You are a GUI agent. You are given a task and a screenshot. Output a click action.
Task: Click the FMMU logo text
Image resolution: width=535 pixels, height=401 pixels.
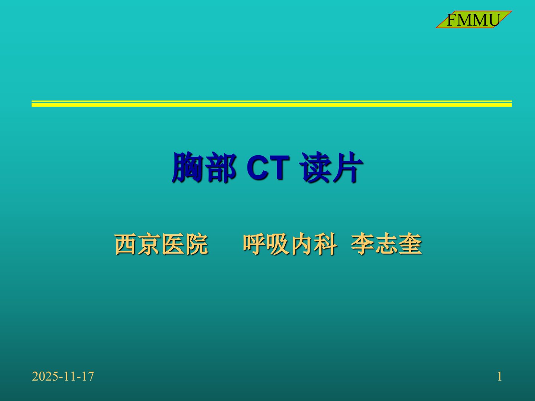click(x=473, y=20)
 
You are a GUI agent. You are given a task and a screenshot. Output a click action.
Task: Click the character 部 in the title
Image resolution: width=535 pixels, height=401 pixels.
click(x=222, y=167)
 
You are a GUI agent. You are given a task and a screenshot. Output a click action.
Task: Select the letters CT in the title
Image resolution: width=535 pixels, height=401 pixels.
click(x=268, y=168)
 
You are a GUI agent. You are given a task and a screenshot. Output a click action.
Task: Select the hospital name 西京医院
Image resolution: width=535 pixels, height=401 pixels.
click(x=161, y=244)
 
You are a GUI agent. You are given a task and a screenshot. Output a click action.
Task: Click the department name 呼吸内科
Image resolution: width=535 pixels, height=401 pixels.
click(x=290, y=244)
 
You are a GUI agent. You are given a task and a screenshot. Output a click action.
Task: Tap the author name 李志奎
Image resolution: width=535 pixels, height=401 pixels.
click(x=386, y=244)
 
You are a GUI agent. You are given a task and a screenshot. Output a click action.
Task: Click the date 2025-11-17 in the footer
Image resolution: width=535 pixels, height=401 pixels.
click(x=63, y=376)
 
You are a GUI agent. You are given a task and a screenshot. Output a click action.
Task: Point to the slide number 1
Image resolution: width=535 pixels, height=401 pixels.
click(x=500, y=376)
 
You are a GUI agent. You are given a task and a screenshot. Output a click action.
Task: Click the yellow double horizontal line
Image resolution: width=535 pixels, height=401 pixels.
click(x=272, y=104)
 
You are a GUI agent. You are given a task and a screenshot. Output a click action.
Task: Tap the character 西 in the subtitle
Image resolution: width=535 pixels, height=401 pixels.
click(x=126, y=244)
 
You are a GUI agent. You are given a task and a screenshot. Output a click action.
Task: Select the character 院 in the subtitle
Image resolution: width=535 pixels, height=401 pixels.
click(x=197, y=244)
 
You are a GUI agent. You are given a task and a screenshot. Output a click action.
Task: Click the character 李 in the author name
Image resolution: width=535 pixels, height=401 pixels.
click(x=363, y=244)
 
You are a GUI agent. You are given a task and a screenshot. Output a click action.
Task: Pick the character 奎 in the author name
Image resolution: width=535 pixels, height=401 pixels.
click(x=411, y=244)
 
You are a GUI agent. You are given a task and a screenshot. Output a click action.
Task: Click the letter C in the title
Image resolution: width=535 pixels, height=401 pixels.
click(x=257, y=168)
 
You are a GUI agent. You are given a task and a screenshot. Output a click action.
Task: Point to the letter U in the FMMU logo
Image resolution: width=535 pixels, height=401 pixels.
click(x=493, y=20)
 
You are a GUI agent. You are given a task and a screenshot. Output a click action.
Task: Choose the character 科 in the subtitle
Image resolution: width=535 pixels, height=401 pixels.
click(x=325, y=244)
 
